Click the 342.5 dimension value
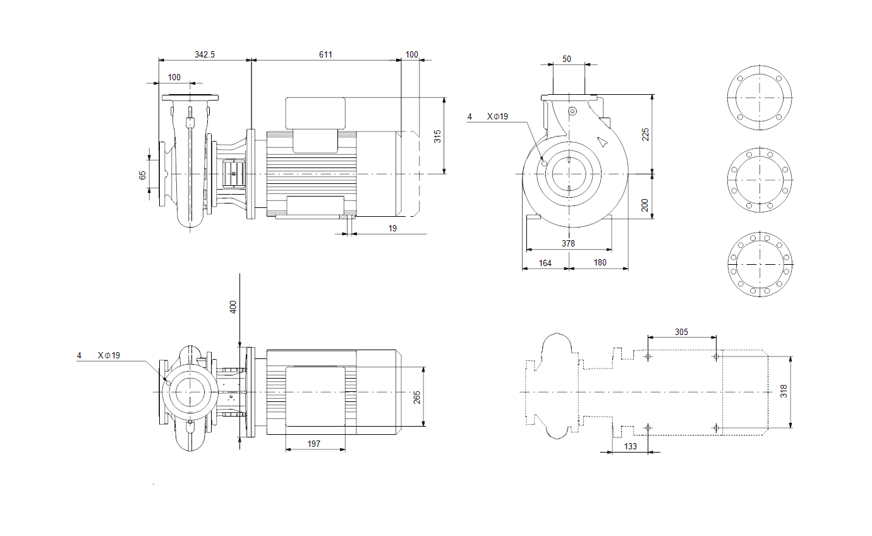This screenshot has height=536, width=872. click(x=204, y=54)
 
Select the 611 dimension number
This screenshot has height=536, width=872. click(x=325, y=54)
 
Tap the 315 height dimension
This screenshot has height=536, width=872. click(x=437, y=137)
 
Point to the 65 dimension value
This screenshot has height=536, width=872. click(x=142, y=175)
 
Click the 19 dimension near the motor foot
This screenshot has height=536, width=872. click(x=392, y=228)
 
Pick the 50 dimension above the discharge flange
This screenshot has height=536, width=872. click(x=566, y=59)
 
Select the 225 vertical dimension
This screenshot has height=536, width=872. click(x=645, y=135)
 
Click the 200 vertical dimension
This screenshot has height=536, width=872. click(x=645, y=205)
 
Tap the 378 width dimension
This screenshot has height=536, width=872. click(x=568, y=243)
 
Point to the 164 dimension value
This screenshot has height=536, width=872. click(x=545, y=264)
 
